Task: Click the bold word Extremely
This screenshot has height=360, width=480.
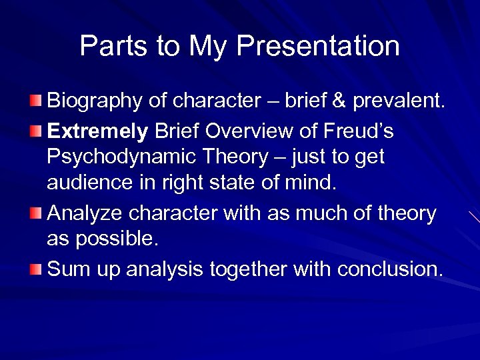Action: pos(97,131)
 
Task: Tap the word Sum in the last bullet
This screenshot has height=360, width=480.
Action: pos(67,269)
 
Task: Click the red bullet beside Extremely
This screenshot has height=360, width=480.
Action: pos(36,131)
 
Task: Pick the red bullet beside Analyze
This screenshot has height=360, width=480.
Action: pos(36,213)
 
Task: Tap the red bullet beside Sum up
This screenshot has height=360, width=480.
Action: pos(36,269)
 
